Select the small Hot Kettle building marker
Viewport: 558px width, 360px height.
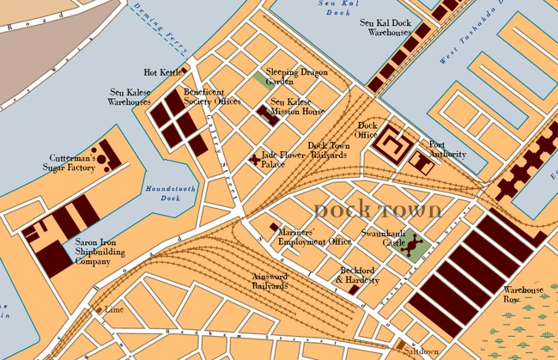click(185, 70)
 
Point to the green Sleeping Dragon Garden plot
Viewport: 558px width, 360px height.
click(260, 80)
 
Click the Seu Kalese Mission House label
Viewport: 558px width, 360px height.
click(297, 107)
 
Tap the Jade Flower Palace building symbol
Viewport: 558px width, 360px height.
click(254, 159)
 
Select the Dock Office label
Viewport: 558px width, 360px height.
click(367, 130)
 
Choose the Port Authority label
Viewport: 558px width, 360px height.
click(447, 149)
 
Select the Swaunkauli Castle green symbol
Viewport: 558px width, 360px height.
click(414, 248)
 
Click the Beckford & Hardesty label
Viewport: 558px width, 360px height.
click(357, 275)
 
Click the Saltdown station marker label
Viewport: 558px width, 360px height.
click(422, 351)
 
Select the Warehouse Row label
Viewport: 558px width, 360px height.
click(524, 295)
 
